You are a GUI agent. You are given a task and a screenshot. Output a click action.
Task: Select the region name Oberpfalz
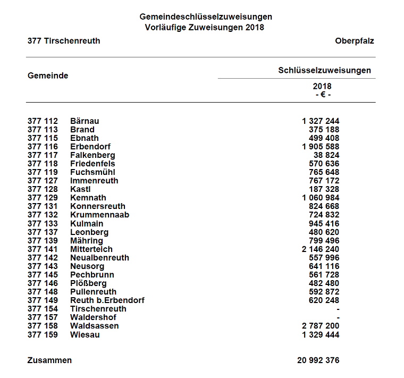(355, 41)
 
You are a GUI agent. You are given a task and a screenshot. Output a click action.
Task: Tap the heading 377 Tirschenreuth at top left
(64, 41)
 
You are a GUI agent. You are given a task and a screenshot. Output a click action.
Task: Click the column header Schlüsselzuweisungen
(324, 70)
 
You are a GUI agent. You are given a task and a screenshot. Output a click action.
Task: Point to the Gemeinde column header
(48, 75)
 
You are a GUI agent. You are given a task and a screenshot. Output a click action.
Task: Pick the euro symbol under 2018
(322, 94)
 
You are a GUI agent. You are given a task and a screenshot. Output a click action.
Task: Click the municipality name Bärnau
(85, 121)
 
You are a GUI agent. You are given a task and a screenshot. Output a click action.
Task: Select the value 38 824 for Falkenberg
(326, 155)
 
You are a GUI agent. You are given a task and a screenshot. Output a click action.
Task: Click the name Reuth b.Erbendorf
(107, 300)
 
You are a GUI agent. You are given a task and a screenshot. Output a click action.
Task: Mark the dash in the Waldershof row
(338, 317)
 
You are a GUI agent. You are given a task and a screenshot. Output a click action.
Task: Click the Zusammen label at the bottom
(49, 360)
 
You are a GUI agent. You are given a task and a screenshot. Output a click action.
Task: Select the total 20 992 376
(318, 360)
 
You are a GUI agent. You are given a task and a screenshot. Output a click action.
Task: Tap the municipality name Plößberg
(88, 283)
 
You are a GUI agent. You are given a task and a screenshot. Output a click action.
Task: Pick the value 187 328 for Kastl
(324, 189)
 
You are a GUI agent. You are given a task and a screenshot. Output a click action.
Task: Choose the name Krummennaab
(99, 215)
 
